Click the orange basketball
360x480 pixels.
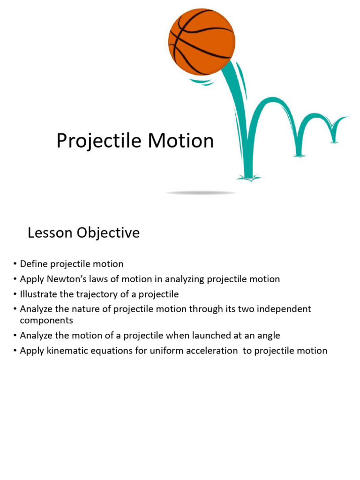pyautogui.click(x=202, y=42)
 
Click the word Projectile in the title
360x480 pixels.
pyautogui.click(x=99, y=142)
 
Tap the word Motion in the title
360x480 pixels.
pyautogui.click(x=181, y=141)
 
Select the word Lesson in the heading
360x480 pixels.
pyautogui.click(x=50, y=232)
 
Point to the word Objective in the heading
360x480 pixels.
pyautogui.click(x=108, y=233)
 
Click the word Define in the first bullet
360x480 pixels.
pyautogui.click(x=34, y=263)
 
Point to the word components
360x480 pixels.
pyautogui.click(x=46, y=321)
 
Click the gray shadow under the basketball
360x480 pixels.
pyautogui.click(x=201, y=193)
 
